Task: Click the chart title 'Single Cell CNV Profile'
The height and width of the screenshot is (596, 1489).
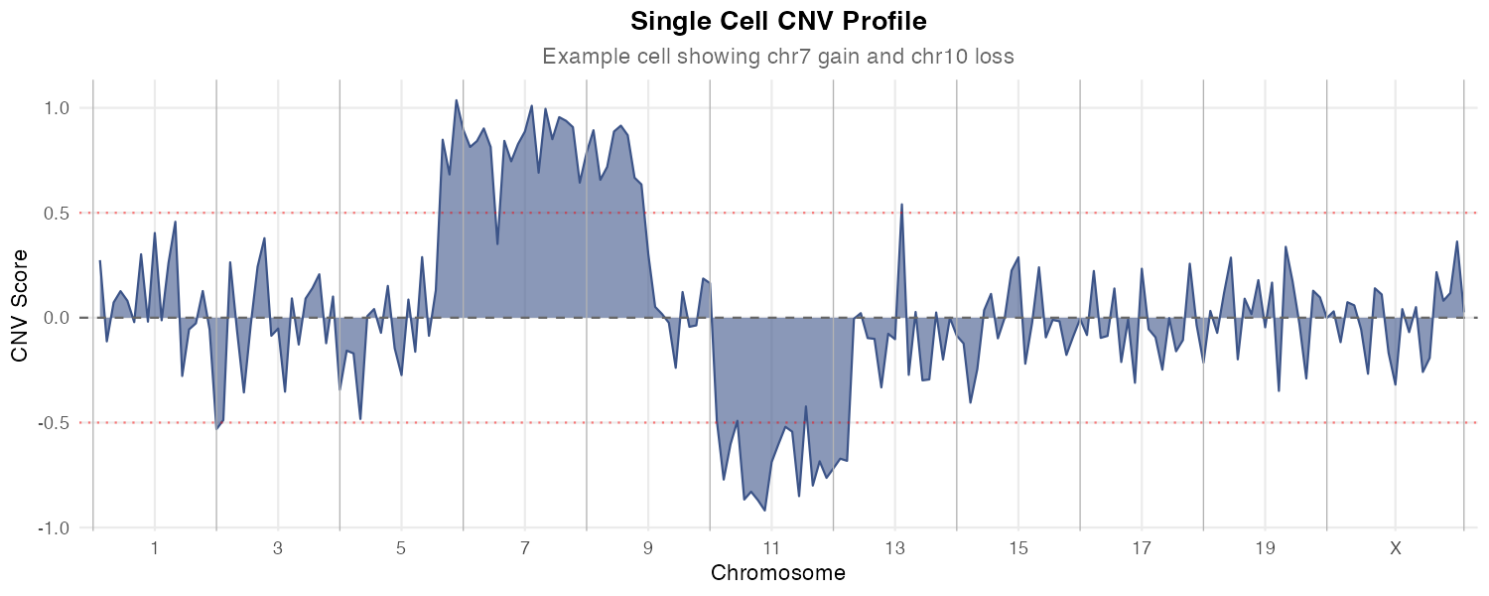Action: (778, 21)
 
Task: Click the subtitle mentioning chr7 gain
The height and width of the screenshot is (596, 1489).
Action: (778, 57)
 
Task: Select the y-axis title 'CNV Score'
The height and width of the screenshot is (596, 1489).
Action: (19, 304)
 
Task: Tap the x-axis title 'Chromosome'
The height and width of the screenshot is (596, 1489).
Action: (778, 573)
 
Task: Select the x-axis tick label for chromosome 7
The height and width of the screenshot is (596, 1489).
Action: (525, 548)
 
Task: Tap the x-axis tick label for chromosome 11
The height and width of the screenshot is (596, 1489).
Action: (771, 548)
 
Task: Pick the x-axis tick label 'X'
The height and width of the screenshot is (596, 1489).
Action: (1396, 548)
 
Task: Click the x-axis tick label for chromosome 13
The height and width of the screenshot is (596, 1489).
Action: (895, 548)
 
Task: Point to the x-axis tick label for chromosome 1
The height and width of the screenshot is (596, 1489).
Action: (155, 548)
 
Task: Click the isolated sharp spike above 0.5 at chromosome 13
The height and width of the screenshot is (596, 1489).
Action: (901, 205)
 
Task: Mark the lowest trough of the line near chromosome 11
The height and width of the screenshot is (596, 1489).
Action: (764, 510)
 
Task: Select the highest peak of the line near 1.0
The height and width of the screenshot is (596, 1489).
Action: (457, 100)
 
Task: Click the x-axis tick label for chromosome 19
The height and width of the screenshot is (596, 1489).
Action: (1265, 548)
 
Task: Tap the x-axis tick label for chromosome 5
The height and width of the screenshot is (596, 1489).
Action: (402, 548)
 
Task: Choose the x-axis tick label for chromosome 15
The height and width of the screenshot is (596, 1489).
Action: (1018, 548)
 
